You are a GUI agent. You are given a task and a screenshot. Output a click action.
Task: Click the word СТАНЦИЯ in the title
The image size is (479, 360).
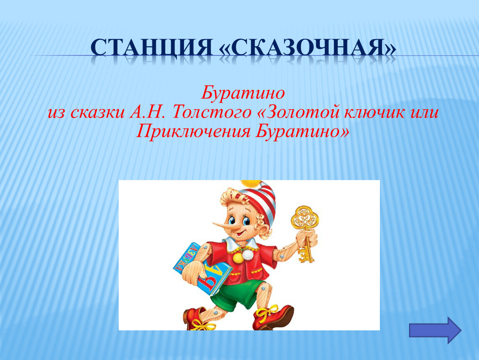(152, 47)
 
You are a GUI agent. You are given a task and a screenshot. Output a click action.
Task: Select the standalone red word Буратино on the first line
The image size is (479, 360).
(243, 92)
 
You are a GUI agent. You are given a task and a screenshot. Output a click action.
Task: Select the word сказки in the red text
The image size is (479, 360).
(97, 112)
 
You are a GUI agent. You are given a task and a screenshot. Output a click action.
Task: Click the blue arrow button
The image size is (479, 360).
(435, 330)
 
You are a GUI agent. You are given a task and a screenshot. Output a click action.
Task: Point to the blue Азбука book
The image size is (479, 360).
(201, 269)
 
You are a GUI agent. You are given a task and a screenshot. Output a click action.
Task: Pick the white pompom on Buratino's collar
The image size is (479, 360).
(247, 254)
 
